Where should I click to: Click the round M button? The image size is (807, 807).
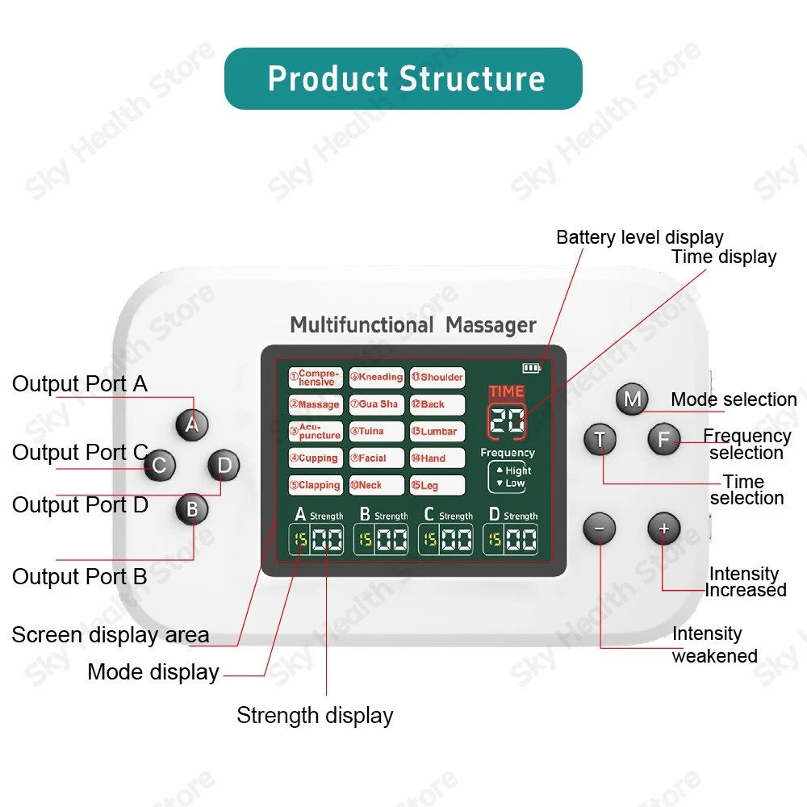pos(632,399)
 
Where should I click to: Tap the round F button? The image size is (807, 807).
pos(664,439)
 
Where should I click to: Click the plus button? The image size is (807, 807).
pos(664,529)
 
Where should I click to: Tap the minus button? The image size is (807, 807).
pos(600,529)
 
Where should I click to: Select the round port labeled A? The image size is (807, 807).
pos(191,424)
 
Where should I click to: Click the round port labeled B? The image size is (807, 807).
pos(192,509)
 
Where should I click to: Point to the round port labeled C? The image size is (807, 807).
pos(160,465)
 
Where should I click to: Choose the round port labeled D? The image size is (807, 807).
pos(224,465)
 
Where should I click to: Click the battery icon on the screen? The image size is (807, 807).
pos(531,368)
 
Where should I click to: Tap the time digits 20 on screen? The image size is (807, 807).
pos(507,420)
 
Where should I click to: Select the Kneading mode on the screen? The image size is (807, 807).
pos(377,378)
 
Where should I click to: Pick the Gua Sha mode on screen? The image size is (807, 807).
pos(377,404)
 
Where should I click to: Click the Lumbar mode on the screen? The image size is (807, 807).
pos(437,432)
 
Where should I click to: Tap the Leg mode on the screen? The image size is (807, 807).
pos(437,486)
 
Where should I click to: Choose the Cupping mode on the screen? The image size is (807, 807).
pos(316,458)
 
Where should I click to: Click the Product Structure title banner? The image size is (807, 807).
pos(403,79)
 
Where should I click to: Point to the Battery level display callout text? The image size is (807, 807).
pos(639,237)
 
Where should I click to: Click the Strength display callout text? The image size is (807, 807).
pos(315,715)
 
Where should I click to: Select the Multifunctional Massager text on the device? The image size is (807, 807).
pos(413,325)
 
